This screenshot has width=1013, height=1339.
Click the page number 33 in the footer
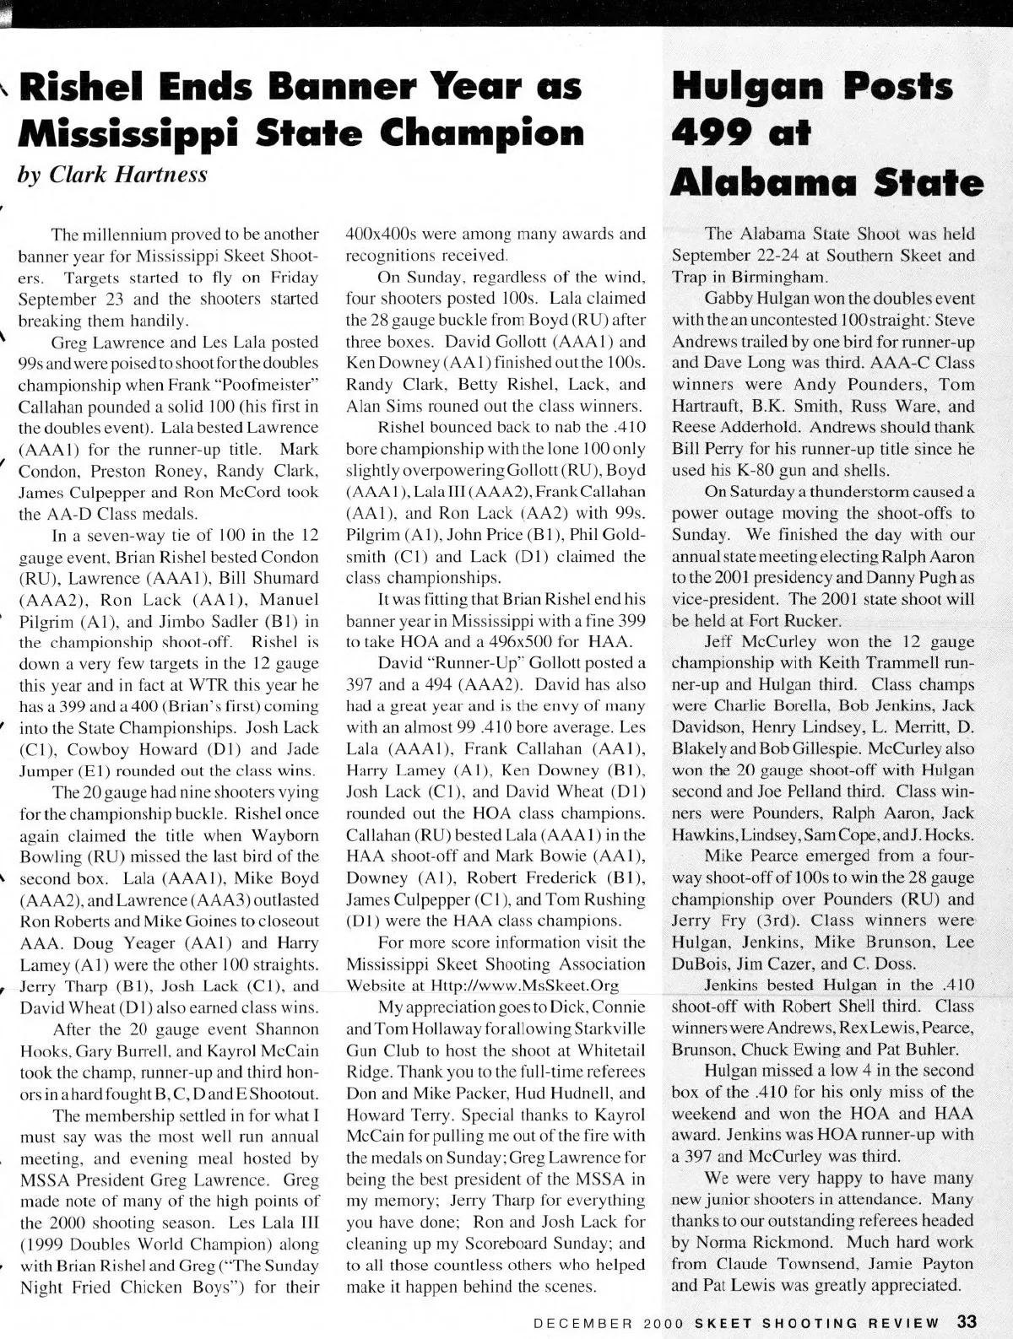point(967,1321)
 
